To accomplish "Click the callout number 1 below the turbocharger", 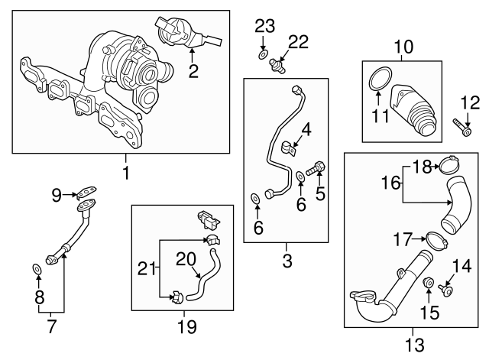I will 125,174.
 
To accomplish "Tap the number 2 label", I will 193,72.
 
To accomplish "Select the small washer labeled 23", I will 263,56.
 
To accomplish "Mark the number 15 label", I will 429,312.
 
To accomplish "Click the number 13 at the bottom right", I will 415,345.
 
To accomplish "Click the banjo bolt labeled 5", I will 317,167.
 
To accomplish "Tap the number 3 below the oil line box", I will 287,261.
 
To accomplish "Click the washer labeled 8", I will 37,269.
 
